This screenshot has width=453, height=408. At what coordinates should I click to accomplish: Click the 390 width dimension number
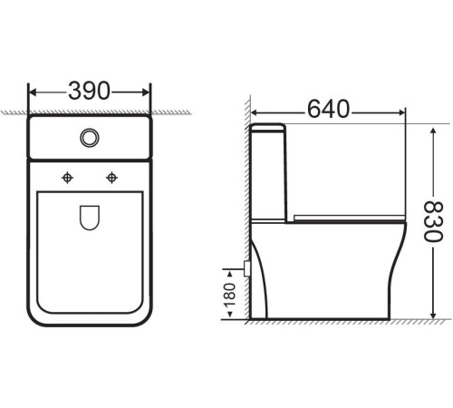click(89, 91)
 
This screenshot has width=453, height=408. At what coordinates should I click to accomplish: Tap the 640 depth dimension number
click(329, 110)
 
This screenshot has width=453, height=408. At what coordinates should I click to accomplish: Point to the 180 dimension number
click(228, 295)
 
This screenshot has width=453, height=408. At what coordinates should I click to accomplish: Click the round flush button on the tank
click(90, 137)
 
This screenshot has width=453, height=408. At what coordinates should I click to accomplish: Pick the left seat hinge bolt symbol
click(66, 178)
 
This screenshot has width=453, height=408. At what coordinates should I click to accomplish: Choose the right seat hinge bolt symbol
click(113, 178)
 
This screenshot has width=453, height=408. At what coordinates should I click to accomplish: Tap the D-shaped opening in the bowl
click(90, 219)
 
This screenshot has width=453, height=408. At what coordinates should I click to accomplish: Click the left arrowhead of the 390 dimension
click(34, 92)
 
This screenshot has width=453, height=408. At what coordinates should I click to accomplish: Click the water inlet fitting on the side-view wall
click(247, 268)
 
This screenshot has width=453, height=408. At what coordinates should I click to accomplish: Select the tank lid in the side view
click(269, 127)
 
